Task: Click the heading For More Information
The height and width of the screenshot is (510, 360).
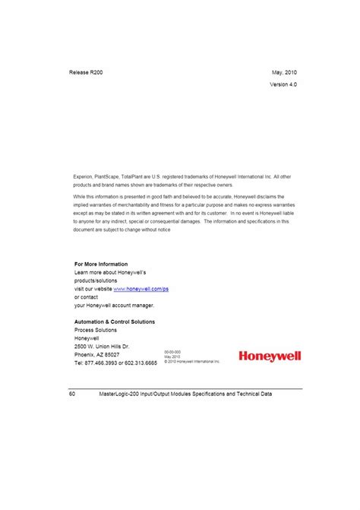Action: click(101, 264)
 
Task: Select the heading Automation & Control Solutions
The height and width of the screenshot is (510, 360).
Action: click(115, 322)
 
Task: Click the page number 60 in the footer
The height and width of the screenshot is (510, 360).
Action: click(71, 394)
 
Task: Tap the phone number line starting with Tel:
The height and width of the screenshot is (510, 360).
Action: click(115, 363)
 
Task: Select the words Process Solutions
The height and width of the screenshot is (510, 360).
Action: click(96, 330)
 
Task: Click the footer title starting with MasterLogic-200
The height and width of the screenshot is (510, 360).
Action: click(185, 394)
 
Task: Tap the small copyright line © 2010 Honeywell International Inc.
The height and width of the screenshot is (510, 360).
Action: click(191, 362)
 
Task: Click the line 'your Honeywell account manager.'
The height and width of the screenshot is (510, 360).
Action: click(114, 305)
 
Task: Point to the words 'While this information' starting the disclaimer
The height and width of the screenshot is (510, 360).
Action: click(96, 195)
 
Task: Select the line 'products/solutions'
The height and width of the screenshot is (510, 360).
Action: click(96, 280)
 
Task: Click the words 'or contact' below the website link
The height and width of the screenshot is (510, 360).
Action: click(87, 296)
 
